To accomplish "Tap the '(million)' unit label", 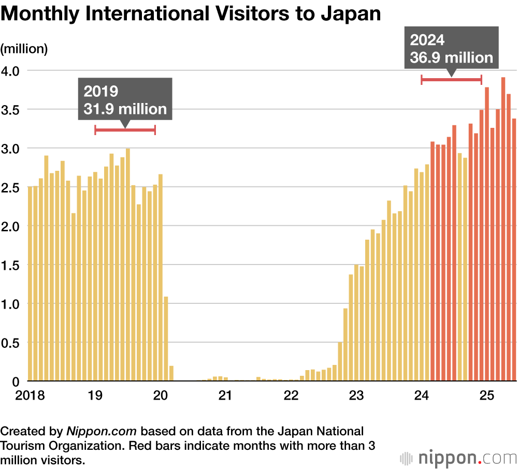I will click(x=24, y=49).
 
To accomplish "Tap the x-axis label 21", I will click(x=224, y=396).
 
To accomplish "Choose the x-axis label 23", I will click(x=355, y=396).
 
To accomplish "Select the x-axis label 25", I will click(x=486, y=396).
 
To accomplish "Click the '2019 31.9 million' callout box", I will click(x=125, y=99).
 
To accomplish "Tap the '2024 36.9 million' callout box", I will click(x=451, y=48).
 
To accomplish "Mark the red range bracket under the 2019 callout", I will click(x=125, y=130).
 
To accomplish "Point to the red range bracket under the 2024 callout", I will click(x=451, y=79).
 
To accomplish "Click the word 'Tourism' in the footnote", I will click(x=22, y=445).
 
